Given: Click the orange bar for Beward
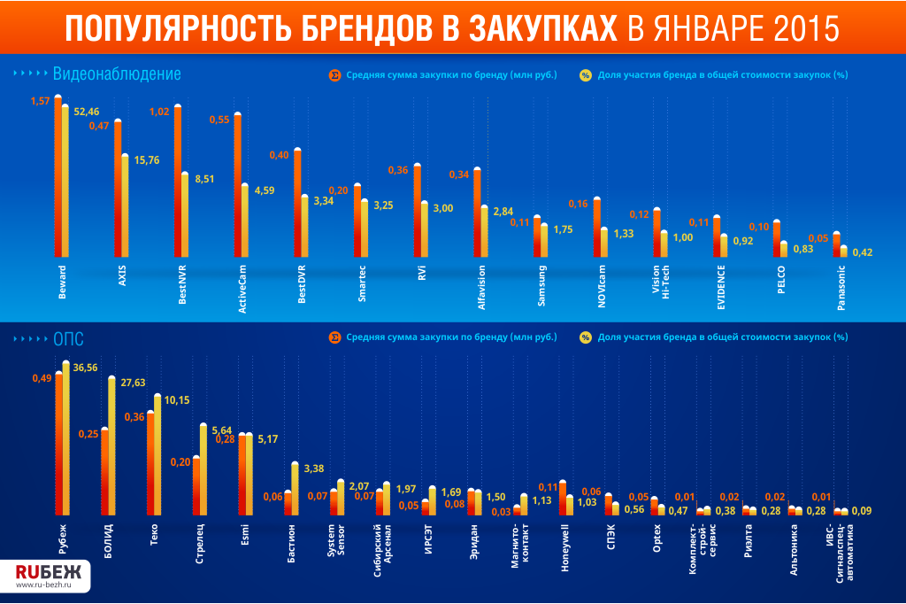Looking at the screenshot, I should (x=58, y=177).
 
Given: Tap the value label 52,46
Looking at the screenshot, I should (x=87, y=112).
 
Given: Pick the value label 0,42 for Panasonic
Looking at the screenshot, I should (x=862, y=252).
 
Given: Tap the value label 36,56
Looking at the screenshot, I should (x=86, y=368).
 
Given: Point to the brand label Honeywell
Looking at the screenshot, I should (x=566, y=551).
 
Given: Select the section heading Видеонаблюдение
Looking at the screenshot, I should (x=117, y=74).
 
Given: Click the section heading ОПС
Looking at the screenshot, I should (x=68, y=337).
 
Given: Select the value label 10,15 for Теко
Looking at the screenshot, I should (x=177, y=400).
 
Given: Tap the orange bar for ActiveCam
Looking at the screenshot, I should (x=237, y=185).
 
